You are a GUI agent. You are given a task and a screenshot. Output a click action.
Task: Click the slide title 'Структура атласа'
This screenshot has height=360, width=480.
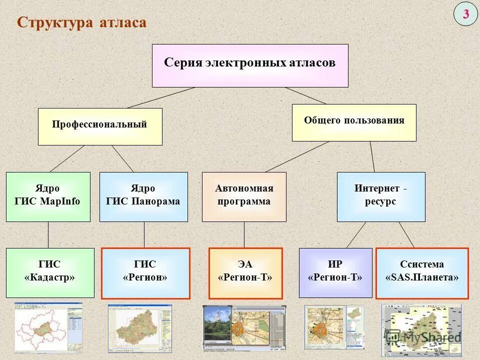[x=82, y=22]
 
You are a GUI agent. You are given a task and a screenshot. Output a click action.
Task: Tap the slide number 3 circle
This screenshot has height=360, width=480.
[x=465, y=14]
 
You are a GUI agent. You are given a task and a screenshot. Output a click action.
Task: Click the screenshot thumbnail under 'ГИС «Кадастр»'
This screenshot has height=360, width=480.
[x=48, y=327]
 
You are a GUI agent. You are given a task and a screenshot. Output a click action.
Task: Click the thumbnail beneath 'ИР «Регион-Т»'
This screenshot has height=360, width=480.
[x=334, y=327]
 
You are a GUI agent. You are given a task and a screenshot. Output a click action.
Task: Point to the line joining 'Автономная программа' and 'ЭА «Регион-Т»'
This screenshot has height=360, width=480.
[x=244, y=234]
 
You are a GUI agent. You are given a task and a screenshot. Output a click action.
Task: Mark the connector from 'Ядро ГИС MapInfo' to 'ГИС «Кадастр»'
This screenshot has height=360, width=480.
[x=48, y=234]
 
